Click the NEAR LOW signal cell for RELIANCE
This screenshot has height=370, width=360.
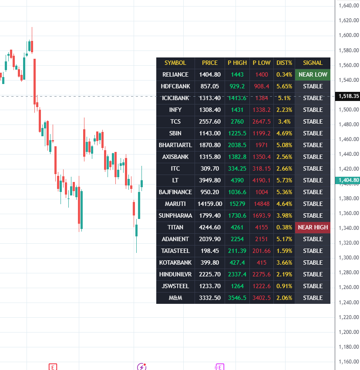[313, 74]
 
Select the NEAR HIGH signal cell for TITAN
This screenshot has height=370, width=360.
[313, 227]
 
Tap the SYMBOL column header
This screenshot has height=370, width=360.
[175, 63]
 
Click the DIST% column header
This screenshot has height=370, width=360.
[284, 63]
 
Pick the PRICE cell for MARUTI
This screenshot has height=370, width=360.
[210, 204]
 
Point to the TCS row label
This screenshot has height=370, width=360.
[175, 121]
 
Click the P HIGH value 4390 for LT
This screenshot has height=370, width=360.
[237, 180]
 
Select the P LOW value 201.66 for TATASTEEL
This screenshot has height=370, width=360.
[262, 251]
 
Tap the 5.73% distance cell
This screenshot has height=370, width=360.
[284, 180]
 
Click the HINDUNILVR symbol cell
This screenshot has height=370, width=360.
[175, 274]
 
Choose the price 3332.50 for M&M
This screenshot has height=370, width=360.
[210, 298]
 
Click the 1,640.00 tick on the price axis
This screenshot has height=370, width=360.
[347, 6]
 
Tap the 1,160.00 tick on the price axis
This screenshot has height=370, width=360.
[347, 362]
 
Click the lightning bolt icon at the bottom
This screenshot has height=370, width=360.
[141, 367]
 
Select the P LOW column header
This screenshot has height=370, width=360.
[262, 63]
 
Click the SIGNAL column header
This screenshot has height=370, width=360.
[313, 63]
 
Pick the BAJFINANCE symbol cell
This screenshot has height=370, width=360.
[175, 192]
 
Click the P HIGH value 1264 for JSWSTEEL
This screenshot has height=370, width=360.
[237, 286]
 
